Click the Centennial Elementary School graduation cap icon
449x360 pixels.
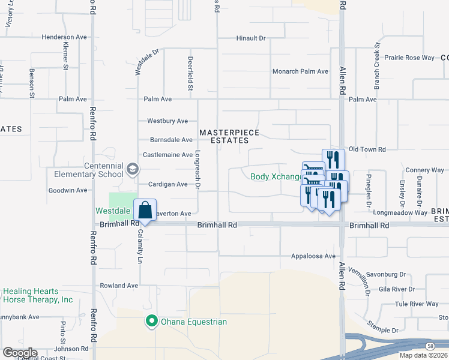click(x=131, y=169)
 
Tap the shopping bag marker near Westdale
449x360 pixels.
click(x=145, y=211)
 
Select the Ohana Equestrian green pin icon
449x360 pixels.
click(x=152, y=322)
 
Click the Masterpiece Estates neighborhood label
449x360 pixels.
click(x=224, y=136)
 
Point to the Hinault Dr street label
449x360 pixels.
click(x=251, y=38)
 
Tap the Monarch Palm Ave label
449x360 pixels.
click(x=300, y=71)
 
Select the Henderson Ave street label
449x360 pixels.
click(x=64, y=37)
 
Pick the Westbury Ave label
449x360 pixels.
click(x=167, y=121)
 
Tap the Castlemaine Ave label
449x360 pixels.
click(x=167, y=155)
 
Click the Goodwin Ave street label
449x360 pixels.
click(x=68, y=190)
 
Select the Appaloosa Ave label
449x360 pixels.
click(x=313, y=256)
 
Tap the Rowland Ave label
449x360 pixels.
click(x=119, y=286)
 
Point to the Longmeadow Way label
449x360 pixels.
click(x=400, y=212)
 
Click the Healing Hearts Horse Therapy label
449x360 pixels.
click(x=38, y=295)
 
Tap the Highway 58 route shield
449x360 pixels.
click(x=430, y=347)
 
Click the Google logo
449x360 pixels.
click(x=20, y=353)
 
